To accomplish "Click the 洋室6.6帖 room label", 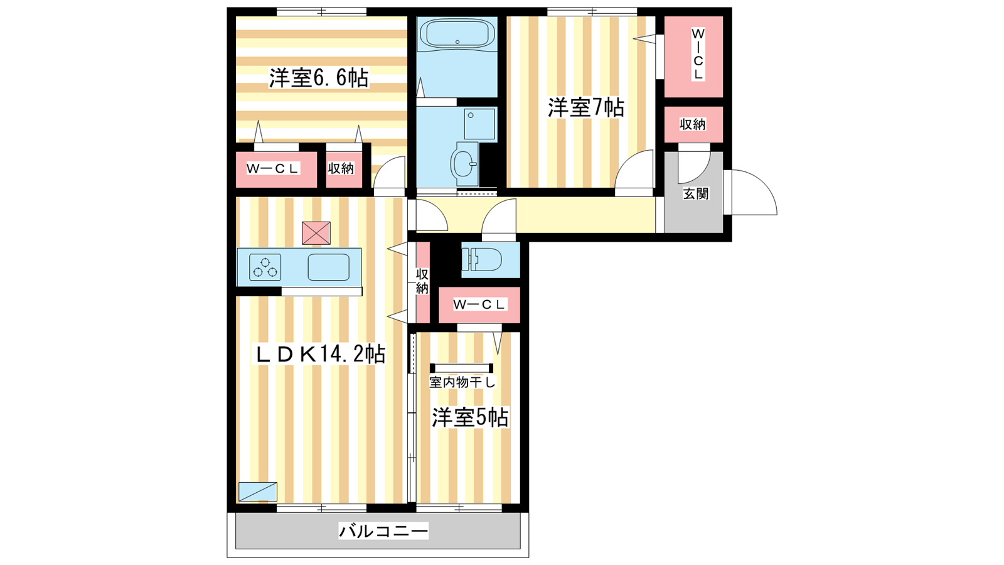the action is [x=319, y=78].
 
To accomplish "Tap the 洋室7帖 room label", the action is [x=586, y=107].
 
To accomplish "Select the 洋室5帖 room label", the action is [x=470, y=417].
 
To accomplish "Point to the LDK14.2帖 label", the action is [x=320, y=354].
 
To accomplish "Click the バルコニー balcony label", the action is [x=383, y=531].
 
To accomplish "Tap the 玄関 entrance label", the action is [x=696, y=194].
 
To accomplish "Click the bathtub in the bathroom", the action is [x=457, y=34].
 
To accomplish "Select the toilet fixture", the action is [x=482, y=260].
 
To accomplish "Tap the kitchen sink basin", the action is [x=329, y=267].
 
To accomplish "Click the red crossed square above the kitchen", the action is [x=316, y=233].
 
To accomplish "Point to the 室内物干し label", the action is [x=462, y=382].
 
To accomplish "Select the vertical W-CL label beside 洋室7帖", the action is [x=697, y=54].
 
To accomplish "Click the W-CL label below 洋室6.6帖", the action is [x=272, y=169].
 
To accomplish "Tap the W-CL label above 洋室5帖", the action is [x=479, y=304].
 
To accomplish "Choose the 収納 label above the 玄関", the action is [x=693, y=124].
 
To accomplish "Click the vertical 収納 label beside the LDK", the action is [x=422, y=281].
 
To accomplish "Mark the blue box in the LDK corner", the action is [x=258, y=492].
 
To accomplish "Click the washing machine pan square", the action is [x=479, y=124].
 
